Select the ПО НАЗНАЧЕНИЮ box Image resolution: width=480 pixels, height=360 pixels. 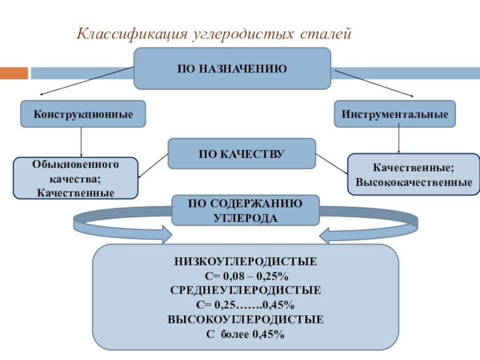click(x=232, y=69)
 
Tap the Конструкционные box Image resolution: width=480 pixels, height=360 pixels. click(x=83, y=113)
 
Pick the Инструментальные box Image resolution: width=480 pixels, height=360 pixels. click(x=394, y=113)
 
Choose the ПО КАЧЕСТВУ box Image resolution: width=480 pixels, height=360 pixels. click(x=241, y=154)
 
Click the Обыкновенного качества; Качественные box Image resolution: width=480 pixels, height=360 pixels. click(x=76, y=178)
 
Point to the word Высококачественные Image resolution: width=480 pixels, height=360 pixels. click(x=413, y=181)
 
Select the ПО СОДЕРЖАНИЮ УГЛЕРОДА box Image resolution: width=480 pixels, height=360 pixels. click(x=245, y=211)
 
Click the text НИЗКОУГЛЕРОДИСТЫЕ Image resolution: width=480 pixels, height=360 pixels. click(x=245, y=263)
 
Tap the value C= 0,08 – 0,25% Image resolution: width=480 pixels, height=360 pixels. click(x=245, y=277)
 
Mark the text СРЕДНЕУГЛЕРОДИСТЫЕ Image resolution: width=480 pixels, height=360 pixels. click(x=245, y=290)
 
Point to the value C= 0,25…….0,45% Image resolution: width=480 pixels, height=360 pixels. click(x=245, y=304)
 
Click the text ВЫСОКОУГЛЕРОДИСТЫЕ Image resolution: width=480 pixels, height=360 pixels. click(x=245, y=319)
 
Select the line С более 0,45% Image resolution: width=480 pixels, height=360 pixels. click(x=245, y=332)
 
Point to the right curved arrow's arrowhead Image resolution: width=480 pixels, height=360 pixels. click(x=329, y=233)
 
